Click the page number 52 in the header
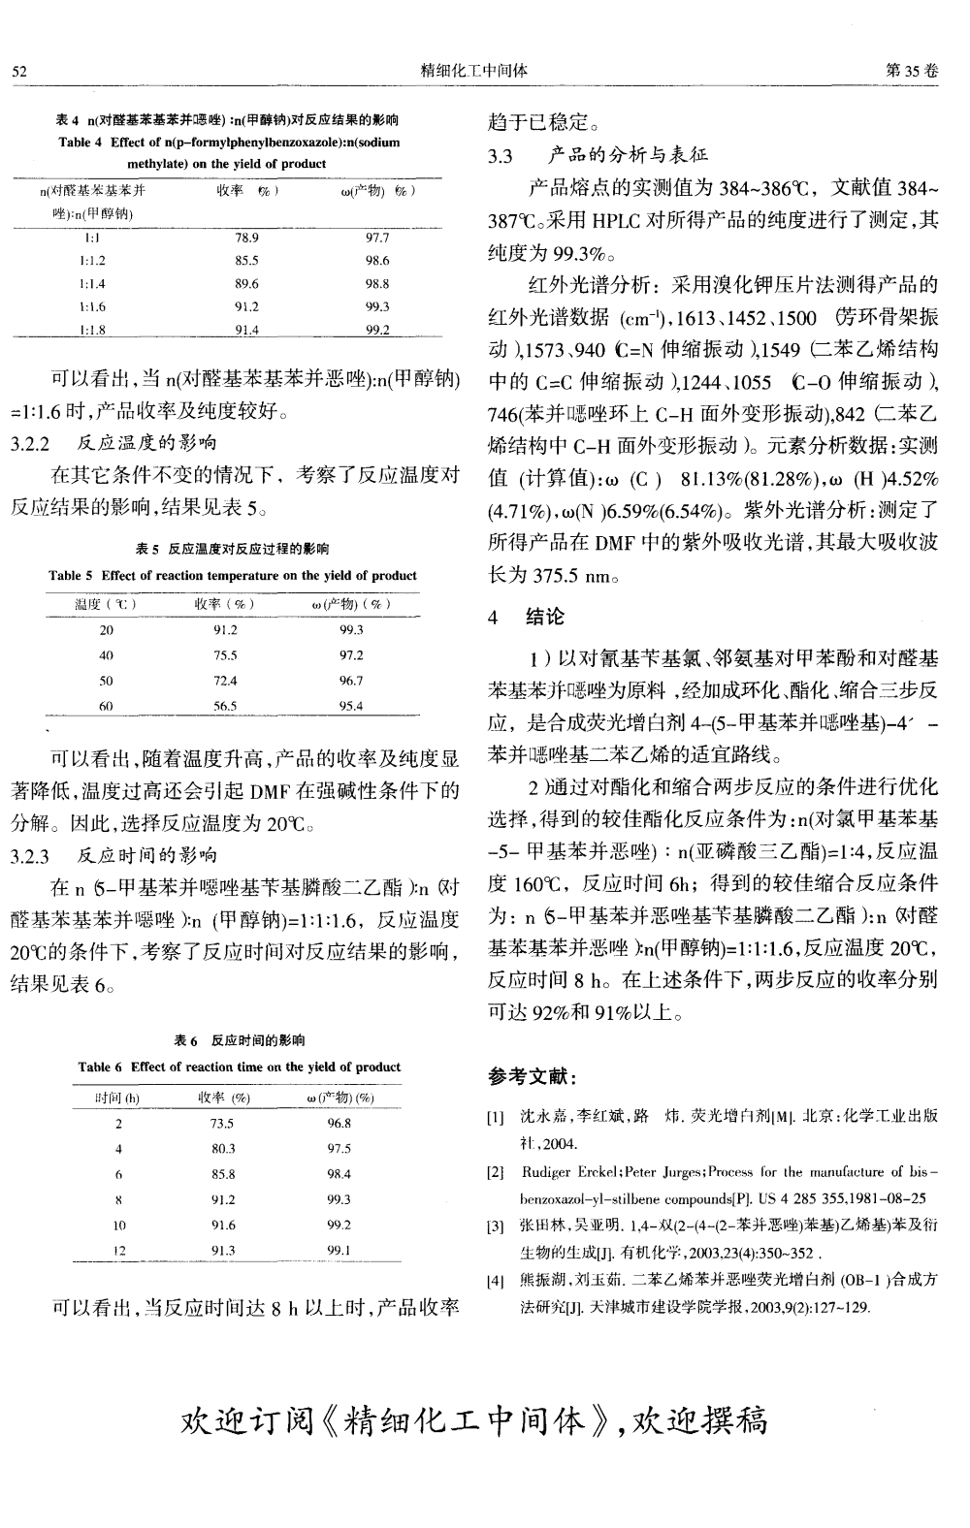tap(18, 71)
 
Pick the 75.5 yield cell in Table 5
tap(224, 655)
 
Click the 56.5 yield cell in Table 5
tap(224, 707)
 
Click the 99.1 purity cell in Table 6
tap(339, 1251)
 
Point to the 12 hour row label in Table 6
tap(118, 1251)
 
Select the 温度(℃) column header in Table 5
tap(106, 605)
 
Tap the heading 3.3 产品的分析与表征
tap(598, 154)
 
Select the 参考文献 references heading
tap(533, 1076)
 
